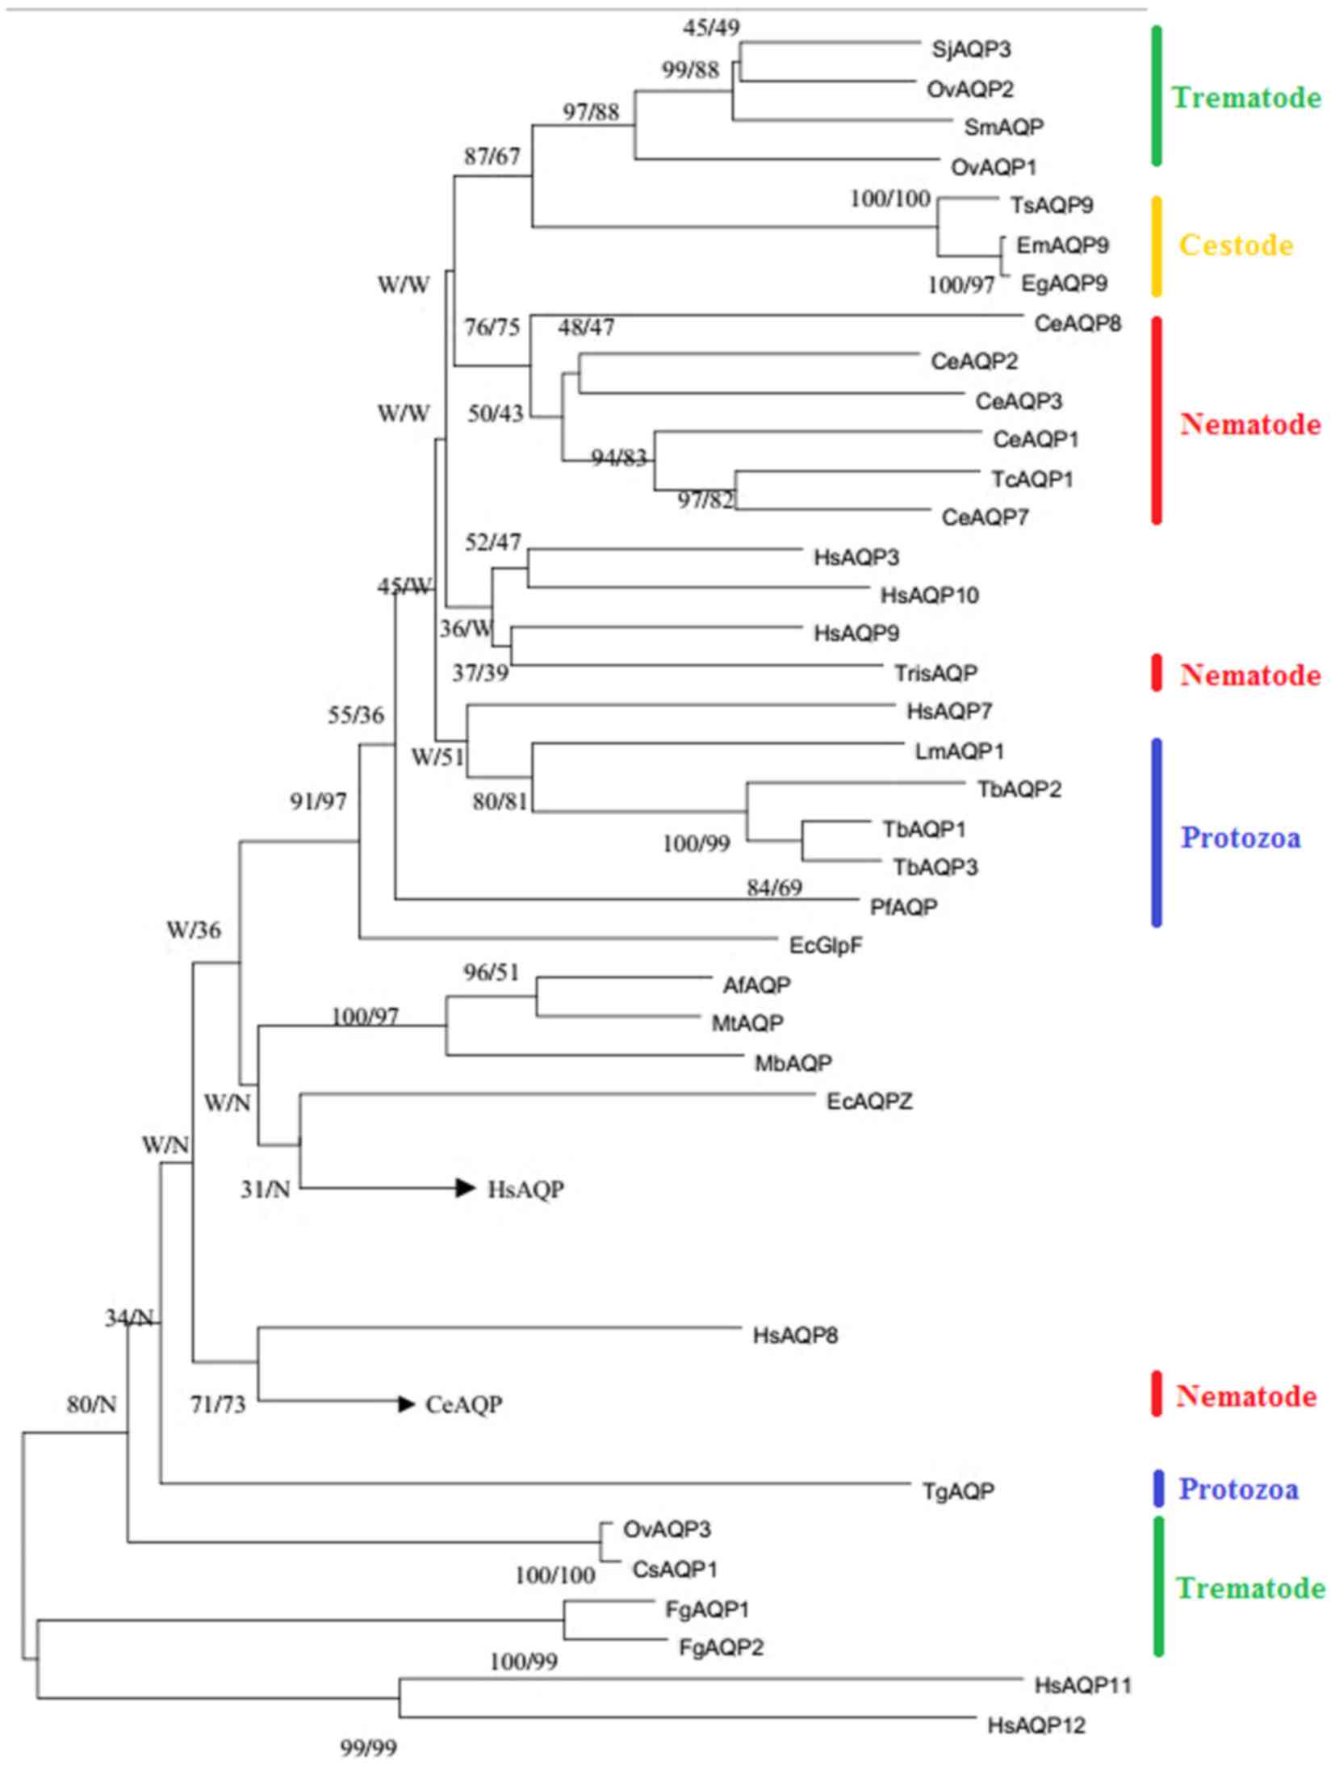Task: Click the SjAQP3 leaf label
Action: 971,49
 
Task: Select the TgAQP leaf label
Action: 958,1491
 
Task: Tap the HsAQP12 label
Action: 1036,1725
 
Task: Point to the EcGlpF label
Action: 826,944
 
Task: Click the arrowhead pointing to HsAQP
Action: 465,1187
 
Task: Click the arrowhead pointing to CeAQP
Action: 406,1404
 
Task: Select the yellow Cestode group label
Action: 1236,245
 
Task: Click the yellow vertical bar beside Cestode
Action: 1156,246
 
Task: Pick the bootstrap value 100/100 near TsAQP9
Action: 890,199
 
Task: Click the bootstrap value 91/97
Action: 318,801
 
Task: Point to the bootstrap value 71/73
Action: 218,1405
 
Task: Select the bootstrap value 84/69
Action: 774,888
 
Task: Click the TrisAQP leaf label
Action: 935,672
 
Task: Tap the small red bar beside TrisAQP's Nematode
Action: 1157,673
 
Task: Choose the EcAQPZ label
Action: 869,1102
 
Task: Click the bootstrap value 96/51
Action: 491,973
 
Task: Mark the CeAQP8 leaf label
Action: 1078,324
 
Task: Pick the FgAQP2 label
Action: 721,1646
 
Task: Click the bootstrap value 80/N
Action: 91,1405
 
